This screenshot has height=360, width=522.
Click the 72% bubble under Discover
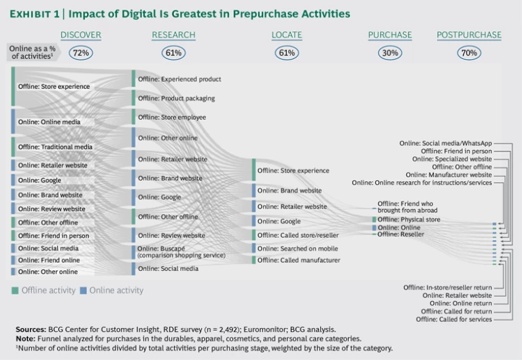coord(80,52)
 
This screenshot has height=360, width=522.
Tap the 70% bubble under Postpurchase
coord(468,52)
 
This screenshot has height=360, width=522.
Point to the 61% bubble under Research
coord(173,52)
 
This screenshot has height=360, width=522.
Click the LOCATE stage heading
coord(286,35)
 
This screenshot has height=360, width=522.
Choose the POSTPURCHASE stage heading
coord(469,35)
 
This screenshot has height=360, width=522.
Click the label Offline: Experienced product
coord(179,79)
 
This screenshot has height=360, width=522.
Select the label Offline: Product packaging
coord(176,98)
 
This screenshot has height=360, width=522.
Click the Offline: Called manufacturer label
coord(298,260)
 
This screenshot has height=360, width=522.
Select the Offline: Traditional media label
coord(55,147)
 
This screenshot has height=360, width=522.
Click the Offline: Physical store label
coord(408,219)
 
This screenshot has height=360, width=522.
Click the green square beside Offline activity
coord(14,291)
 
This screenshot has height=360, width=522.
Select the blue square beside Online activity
coord(83,291)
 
